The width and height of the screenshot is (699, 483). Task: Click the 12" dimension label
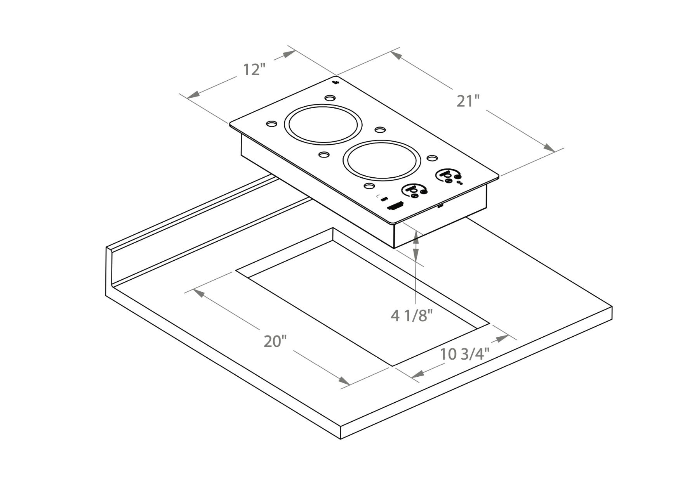[x=254, y=69]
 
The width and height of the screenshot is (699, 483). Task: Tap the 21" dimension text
[x=468, y=101]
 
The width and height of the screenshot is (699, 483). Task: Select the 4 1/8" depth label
[x=411, y=316]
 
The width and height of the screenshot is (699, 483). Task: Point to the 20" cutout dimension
[x=275, y=341]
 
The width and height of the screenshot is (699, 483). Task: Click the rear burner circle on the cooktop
[x=323, y=124]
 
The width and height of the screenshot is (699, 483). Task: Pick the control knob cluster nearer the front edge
[x=415, y=190]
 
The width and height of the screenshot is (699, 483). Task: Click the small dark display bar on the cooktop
[x=395, y=206]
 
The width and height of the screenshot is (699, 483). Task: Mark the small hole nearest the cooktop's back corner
[x=329, y=98]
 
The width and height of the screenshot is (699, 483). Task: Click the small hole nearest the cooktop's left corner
[x=271, y=123]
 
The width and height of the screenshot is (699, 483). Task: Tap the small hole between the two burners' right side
[x=379, y=129]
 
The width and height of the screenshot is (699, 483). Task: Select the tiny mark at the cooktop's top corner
[x=336, y=82]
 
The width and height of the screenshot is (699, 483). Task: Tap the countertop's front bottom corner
[x=341, y=439]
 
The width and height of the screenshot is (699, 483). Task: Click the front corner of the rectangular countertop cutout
[x=392, y=366]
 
